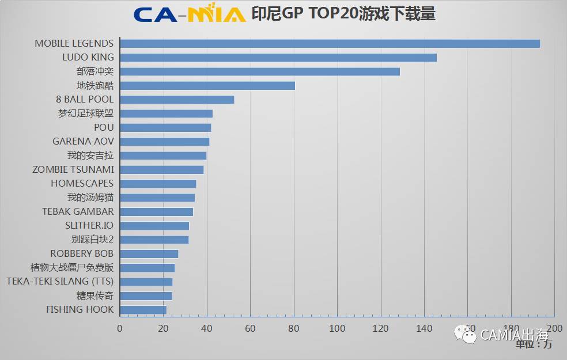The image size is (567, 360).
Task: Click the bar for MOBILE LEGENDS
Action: coord(330,44)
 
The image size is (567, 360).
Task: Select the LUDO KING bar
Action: coord(278,58)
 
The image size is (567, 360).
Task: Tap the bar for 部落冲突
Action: coord(259,71)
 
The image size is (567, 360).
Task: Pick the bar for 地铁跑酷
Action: coord(207,86)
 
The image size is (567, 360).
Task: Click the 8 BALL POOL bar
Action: coord(176,100)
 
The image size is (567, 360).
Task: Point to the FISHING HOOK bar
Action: coord(143,310)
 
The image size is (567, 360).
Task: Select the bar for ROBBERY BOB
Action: coord(149,254)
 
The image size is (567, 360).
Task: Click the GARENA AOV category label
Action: coord(83,142)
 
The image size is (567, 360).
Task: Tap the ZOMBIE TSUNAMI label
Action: coord(73,169)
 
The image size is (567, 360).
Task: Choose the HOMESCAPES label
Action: coord(82,184)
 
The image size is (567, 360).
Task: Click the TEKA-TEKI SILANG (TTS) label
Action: coord(60,282)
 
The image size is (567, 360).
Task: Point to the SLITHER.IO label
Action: coord(89,226)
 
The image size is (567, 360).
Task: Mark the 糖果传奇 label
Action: coord(95,296)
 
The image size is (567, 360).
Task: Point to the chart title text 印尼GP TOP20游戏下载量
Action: coord(343,14)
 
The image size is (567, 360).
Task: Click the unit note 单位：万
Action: coord(534,344)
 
